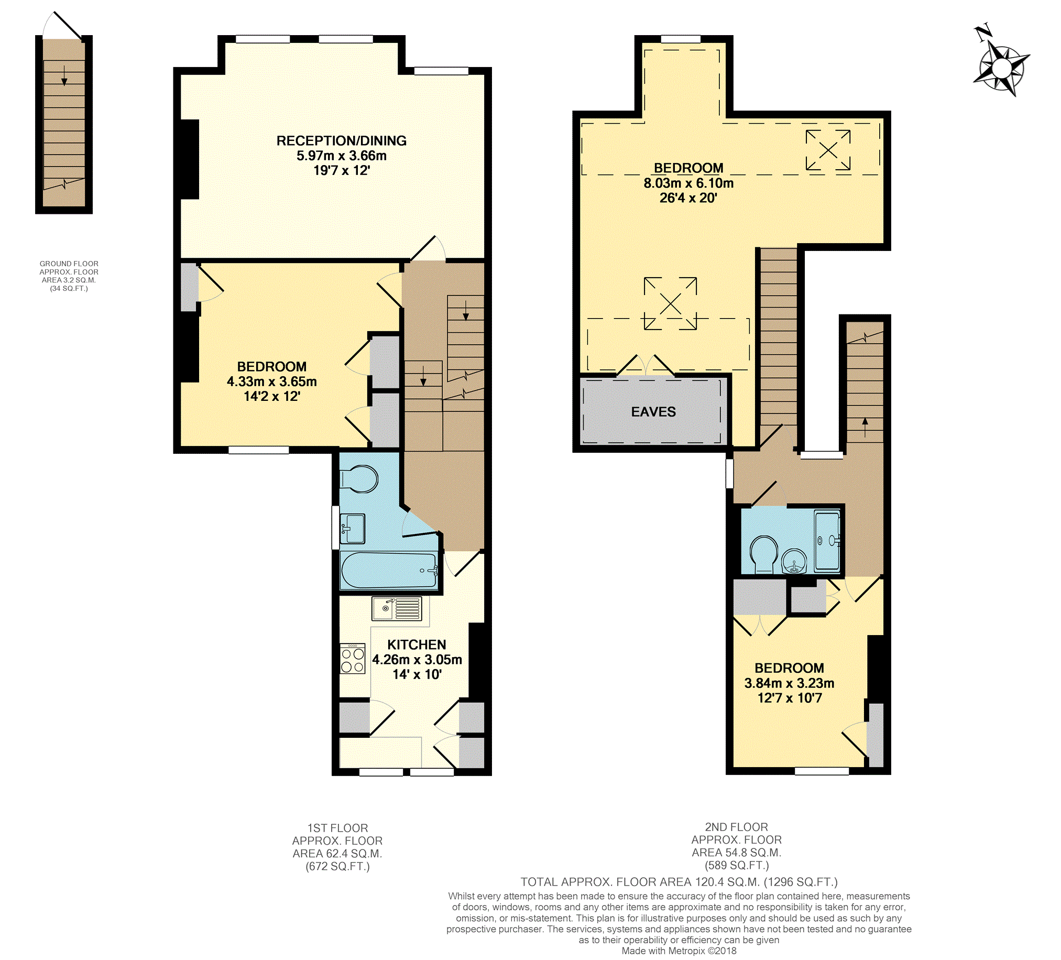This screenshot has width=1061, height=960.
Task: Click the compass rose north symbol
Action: coord(1001,67)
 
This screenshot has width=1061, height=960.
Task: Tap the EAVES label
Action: coord(653,412)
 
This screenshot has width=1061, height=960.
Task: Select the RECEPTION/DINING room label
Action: coord(342,141)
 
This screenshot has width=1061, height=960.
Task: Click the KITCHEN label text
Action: coord(417,645)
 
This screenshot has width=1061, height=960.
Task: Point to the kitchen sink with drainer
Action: coord(397,609)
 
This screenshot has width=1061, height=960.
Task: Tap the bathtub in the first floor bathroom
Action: coord(389,571)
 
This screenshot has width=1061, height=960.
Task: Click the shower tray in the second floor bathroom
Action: coord(827,541)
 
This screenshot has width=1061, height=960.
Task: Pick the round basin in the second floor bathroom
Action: coord(794,561)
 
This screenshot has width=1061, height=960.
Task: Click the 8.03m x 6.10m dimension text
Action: coord(688,183)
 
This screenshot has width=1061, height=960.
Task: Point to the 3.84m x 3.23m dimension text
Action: coord(789,683)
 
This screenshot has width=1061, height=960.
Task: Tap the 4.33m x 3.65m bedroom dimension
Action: coord(271,381)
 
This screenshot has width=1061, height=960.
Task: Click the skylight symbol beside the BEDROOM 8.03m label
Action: coord(828,150)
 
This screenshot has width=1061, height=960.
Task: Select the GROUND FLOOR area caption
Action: coord(69,276)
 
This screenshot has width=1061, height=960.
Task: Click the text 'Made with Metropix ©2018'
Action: coord(679,951)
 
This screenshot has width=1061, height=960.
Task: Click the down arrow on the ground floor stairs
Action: coord(64,75)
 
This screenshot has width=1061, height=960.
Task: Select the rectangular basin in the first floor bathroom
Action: coord(353,528)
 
